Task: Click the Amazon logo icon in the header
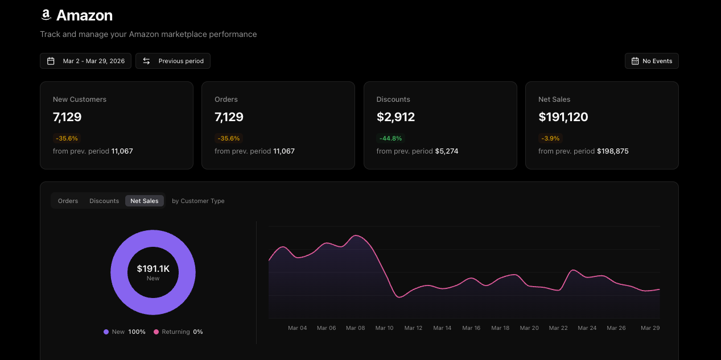pos(46,15)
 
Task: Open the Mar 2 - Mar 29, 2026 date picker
pos(85,61)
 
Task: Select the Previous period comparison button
pos(173,61)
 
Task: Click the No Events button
pos(651,61)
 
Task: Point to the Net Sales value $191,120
pos(563,117)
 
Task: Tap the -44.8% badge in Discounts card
pos(390,138)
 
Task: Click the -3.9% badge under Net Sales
pos(550,138)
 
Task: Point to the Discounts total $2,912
pos(395,117)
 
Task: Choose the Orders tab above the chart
pos(68,201)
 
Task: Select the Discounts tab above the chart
pos(104,201)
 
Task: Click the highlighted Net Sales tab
pos(145,201)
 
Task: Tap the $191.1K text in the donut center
pos(153,268)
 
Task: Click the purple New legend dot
pos(106,332)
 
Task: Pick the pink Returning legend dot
pos(156,332)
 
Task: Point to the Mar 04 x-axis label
pos(297,328)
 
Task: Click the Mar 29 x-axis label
pos(650,328)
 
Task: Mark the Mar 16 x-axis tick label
pos(471,328)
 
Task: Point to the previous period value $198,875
pos(612,151)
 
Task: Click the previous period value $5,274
pos(447,151)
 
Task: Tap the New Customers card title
pos(80,100)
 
